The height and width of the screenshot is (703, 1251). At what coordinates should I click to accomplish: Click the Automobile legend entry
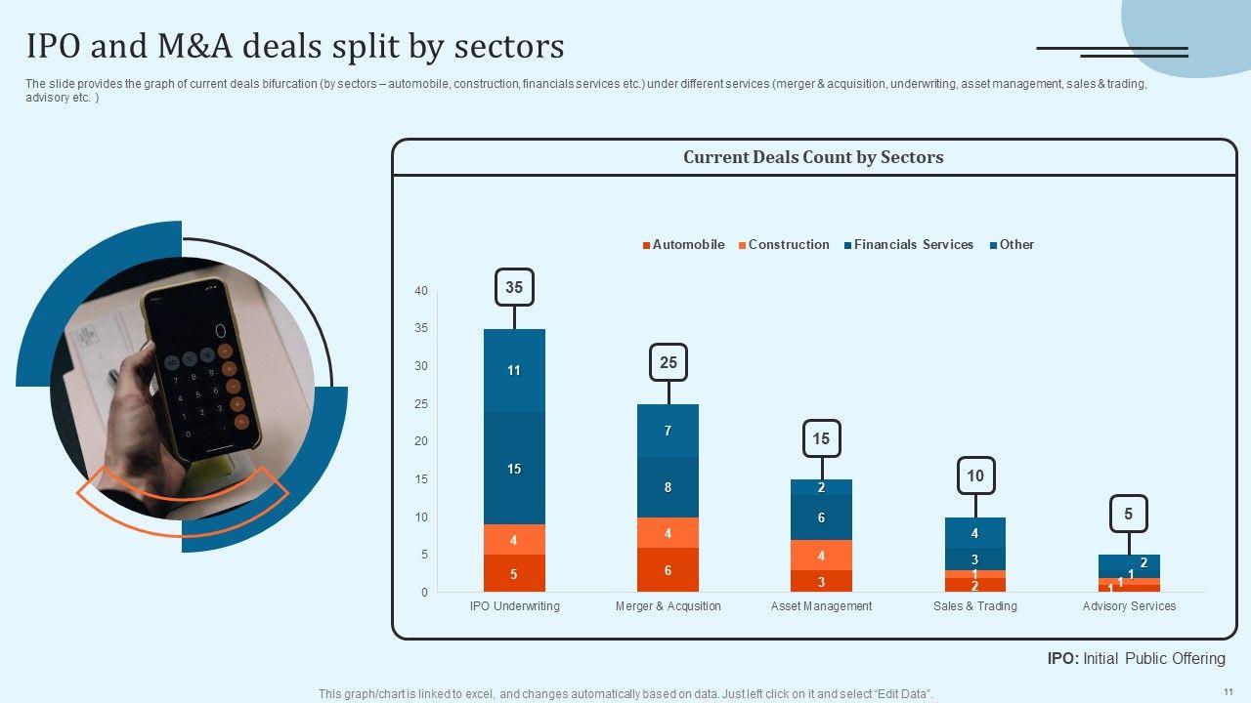pos(683,245)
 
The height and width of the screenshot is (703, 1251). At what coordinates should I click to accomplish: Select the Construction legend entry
pos(783,245)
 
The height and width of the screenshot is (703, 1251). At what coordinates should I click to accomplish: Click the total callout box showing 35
pos(514,288)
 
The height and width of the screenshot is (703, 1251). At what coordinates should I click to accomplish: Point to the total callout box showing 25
pos(669,363)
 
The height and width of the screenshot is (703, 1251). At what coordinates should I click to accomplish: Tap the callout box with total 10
pos(975,476)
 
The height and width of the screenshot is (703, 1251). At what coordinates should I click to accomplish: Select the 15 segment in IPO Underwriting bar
pos(514,469)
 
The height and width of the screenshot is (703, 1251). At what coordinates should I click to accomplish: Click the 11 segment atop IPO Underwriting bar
pos(514,371)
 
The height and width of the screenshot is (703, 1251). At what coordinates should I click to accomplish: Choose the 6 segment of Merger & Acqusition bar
pos(669,570)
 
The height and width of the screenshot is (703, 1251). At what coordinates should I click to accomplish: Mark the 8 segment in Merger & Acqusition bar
pos(669,487)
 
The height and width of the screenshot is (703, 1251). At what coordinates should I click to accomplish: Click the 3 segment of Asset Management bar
pos(821,582)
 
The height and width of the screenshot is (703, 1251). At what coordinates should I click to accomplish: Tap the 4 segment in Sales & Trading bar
pos(975,533)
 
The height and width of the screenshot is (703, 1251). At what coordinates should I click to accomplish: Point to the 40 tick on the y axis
pos(421,291)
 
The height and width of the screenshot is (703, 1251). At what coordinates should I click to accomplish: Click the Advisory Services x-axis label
pos(1129,606)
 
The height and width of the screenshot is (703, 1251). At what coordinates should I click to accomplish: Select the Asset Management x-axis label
pos(821,606)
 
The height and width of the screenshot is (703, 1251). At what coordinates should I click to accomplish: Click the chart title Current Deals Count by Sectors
pos(813,157)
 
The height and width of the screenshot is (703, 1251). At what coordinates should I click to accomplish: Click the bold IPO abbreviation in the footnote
pos(1062,659)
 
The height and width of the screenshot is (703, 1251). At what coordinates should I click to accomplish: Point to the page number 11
pos(1228,691)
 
